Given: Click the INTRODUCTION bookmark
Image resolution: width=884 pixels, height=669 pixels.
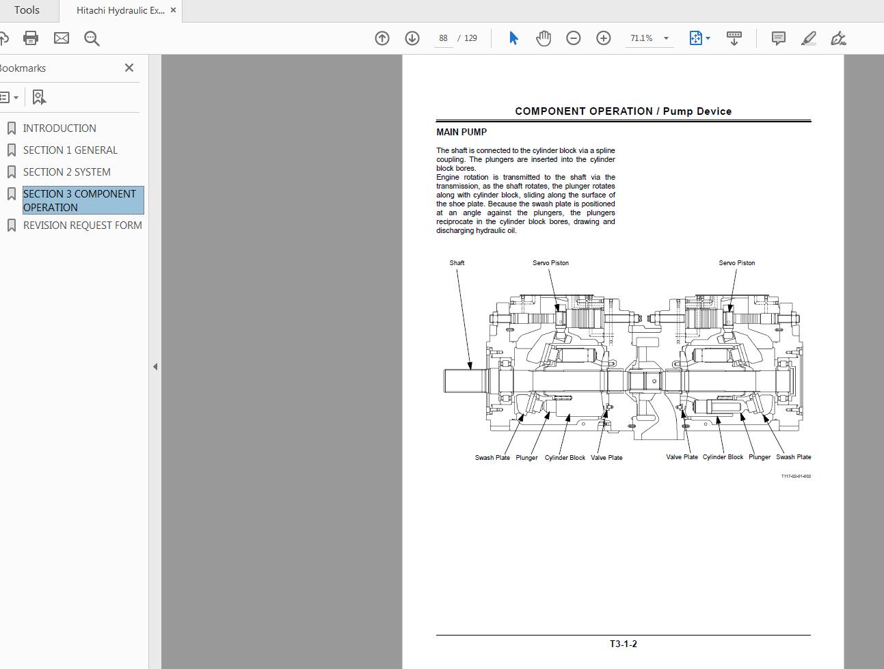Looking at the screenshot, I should pos(59,128).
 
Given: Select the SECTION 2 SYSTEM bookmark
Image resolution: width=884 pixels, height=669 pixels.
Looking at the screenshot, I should pos(66,172).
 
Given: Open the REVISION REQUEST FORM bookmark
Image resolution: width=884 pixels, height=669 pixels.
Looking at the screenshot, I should pos(82,226).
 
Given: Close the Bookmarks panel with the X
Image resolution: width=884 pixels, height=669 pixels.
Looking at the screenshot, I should pos(129,68).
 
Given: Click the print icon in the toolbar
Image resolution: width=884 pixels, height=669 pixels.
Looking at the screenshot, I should pos(31,38).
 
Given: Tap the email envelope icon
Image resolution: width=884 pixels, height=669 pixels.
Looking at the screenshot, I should pos(62,38).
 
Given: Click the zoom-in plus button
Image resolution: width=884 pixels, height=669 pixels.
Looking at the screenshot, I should pos(603,38).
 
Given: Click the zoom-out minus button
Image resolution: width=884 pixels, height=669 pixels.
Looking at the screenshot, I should pos(573,38).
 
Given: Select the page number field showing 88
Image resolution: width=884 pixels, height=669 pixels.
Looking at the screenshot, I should pos(443,38).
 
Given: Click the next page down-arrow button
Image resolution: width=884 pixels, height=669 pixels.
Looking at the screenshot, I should pos(412,38).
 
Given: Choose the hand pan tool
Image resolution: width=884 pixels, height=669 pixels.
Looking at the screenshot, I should pos(544,38).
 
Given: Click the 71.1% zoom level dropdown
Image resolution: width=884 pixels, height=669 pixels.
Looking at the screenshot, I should pos(648,38).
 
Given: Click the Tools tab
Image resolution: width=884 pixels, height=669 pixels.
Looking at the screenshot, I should pos(27,10).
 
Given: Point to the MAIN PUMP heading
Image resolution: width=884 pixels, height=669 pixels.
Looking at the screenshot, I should pos(461,132).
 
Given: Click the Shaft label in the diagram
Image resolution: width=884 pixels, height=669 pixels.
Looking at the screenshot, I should pos(457,262).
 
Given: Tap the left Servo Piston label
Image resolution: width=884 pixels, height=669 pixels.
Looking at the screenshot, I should pos(550,262).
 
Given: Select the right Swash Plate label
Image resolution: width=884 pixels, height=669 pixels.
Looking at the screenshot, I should pos(793,457).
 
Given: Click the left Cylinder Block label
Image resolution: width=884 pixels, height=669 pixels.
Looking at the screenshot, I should pos(565,458).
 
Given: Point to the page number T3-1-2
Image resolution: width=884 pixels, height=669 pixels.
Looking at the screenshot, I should pos(623,644).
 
